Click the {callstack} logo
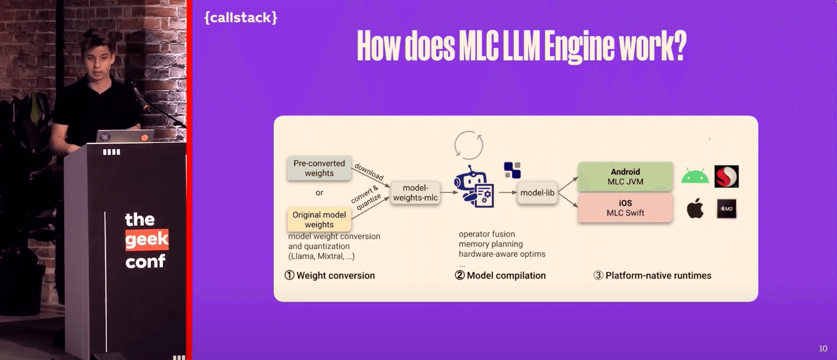[x=241, y=17]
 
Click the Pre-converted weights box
[x=319, y=168]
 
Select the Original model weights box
[x=319, y=220]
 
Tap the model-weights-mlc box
[x=415, y=193]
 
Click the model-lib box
[x=537, y=193]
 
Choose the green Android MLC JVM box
[x=625, y=177]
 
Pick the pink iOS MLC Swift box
[x=625, y=208]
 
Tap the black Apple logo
[x=695, y=208]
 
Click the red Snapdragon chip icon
[x=726, y=177]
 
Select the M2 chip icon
[x=726, y=209]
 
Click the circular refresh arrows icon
[x=469, y=145]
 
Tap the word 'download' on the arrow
[x=369, y=172]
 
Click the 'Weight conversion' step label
[x=335, y=275]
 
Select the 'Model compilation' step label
[x=506, y=275]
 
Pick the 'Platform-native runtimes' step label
[x=658, y=275]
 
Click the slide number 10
[x=823, y=349]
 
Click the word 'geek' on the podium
[x=146, y=239]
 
